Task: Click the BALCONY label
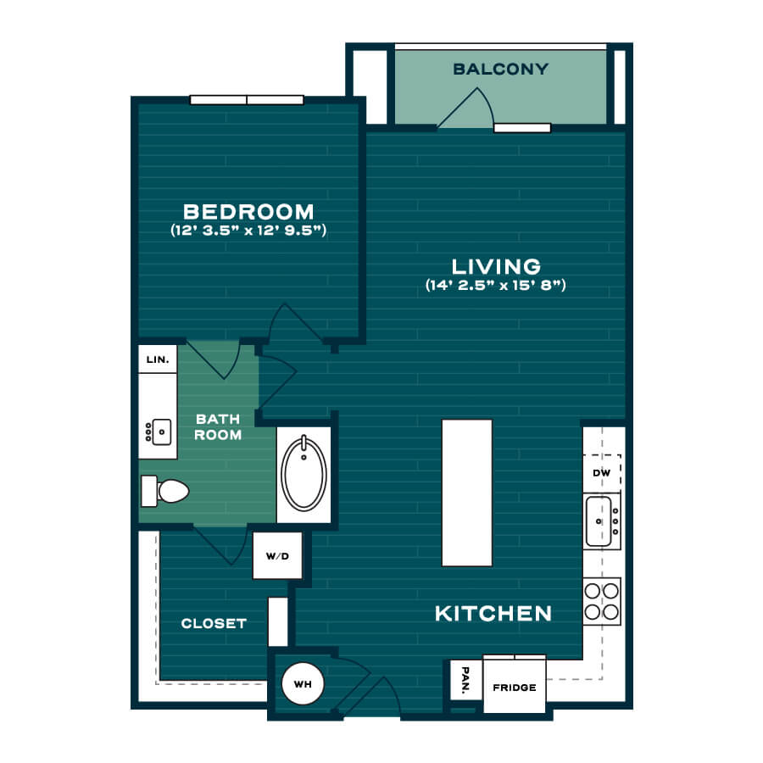pos(501,70)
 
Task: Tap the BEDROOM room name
pos(248,212)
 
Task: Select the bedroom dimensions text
pos(248,230)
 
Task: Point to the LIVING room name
pos(496,267)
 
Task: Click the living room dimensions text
pos(496,285)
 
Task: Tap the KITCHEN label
pos(493,614)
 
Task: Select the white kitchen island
pos(467,493)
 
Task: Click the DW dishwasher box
pos(602,473)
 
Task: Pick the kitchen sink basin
pos(599,521)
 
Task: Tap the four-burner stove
pos(602,601)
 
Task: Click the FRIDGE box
pos(515,686)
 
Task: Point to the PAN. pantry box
pos(465,680)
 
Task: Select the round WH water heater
pos(303,683)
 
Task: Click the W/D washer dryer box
pos(277,555)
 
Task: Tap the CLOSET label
pos(214,623)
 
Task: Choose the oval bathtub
pos(304,474)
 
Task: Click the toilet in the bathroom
pos(164,491)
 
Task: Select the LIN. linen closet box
pos(158,359)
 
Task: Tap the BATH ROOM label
pos(218,426)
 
